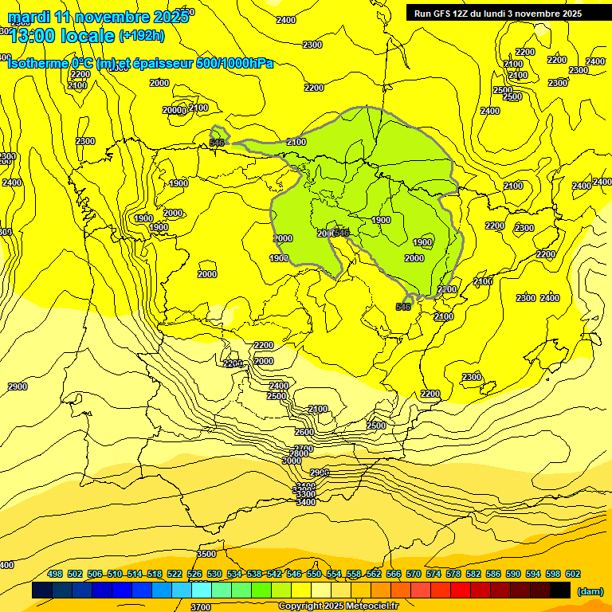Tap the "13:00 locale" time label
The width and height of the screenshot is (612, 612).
coord(62,35)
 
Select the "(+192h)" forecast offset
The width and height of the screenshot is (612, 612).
coord(141,35)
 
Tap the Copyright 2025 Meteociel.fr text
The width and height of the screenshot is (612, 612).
coord(339,606)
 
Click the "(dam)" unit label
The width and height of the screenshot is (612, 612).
coord(590,591)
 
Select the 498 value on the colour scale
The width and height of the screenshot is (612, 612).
coord(55,574)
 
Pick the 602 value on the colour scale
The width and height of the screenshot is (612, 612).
coord(572,574)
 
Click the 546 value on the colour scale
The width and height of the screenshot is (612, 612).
coord(294,574)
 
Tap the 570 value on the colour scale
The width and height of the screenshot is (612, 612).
coord(413,574)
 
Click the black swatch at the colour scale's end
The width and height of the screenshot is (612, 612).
coord(560,590)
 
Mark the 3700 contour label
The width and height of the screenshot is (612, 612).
coord(201,606)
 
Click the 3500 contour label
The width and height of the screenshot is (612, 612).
coord(206,554)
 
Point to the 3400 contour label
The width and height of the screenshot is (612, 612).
coord(306,502)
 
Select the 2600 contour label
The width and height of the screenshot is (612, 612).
coord(304,432)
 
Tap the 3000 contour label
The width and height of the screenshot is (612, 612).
coord(292,461)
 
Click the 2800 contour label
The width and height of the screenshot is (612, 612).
coord(298,453)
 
